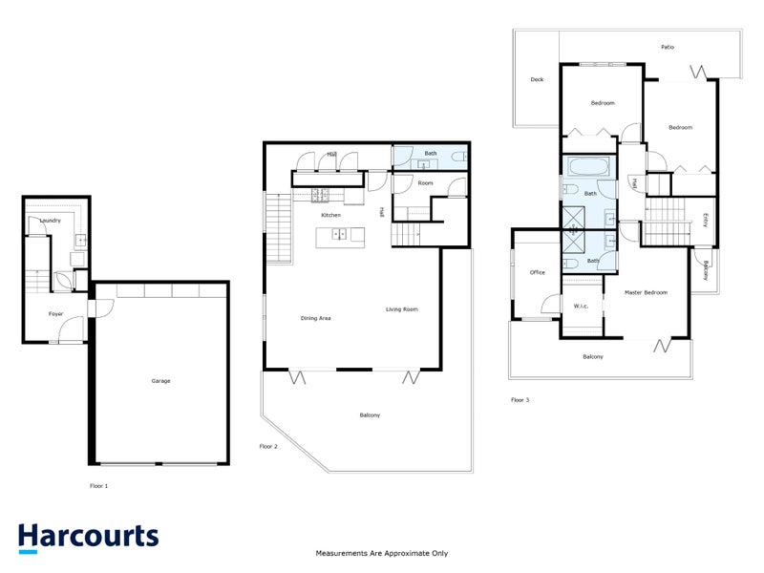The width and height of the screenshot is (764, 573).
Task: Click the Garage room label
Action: click(x=160, y=381)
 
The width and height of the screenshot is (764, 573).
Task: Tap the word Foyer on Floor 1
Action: click(x=56, y=313)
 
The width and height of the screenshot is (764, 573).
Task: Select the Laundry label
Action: click(x=51, y=221)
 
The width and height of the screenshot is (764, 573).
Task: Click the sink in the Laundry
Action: click(x=80, y=240)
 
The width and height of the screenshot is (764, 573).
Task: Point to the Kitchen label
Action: click(x=330, y=215)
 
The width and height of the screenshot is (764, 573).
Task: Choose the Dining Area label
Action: click(x=315, y=318)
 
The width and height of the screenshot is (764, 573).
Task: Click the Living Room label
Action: click(x=402, y=309)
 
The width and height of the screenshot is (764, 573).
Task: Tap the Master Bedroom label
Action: click(x=646, y=292)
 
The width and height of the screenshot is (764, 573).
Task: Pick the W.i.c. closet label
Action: click(x=582, y=307)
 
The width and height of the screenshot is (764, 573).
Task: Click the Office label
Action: click(x=537, y=273)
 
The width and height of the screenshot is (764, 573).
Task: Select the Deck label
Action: click(x=537, y=79)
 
